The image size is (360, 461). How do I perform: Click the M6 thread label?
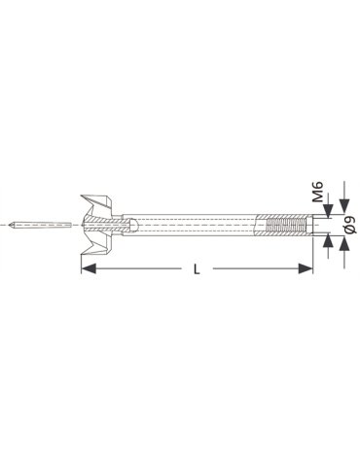(319, 192)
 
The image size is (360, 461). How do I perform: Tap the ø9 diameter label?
(351, 225)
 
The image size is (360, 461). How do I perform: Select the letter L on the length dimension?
(197, 269)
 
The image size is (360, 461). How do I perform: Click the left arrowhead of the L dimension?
(89, 268)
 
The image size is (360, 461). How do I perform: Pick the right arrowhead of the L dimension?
(306, 268)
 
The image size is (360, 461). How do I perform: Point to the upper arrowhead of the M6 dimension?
(329, 211)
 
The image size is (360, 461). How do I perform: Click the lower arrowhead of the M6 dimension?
(329, 240)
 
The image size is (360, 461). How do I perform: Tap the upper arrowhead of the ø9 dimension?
(344, 207)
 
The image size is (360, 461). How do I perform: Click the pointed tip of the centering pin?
(11, 225)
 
